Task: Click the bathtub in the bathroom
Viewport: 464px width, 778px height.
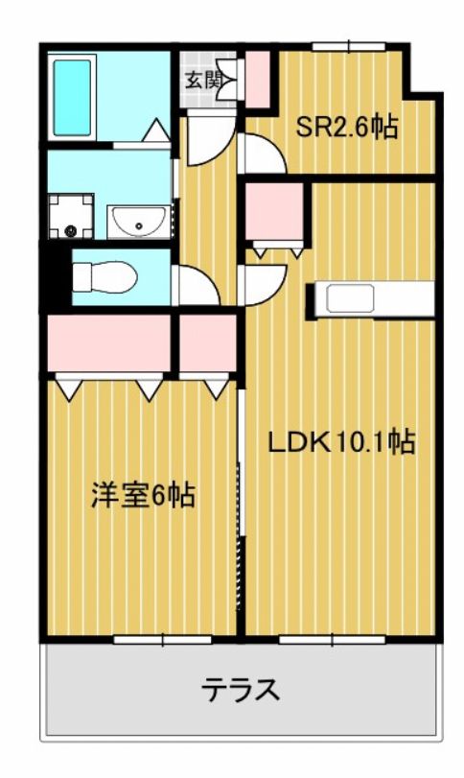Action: [x=72, y=98]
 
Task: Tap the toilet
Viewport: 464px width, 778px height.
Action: [x=104, y=277]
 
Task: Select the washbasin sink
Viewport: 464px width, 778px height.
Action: [x=138, y=222]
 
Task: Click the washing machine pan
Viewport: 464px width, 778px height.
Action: [x=71, y=216]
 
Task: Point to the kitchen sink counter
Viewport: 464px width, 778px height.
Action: [x=370, y=299]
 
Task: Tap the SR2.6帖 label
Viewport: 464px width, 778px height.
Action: [x=346, y=127]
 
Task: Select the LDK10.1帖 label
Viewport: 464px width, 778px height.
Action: [x=341, y=441]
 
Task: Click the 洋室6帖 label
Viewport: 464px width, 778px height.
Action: [x=143, y=495]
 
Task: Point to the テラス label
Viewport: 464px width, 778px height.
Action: [x=241, y=689]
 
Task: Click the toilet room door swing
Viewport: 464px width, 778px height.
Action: [x=198, y=285]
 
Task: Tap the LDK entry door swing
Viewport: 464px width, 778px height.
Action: [x=264, y=285]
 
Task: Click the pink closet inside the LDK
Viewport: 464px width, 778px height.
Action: [x=274, y=211]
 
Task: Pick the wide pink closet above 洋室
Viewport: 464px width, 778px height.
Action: [x=109, y=342]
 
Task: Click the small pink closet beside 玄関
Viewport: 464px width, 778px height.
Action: [x=258, y=79]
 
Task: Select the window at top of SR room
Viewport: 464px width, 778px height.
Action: [x=349, y=47]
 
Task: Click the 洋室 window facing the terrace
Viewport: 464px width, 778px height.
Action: [x=163, y=640]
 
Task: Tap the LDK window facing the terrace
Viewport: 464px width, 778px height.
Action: [x=332, y=640]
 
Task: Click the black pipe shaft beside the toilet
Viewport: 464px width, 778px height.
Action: [x=55, y=277]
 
